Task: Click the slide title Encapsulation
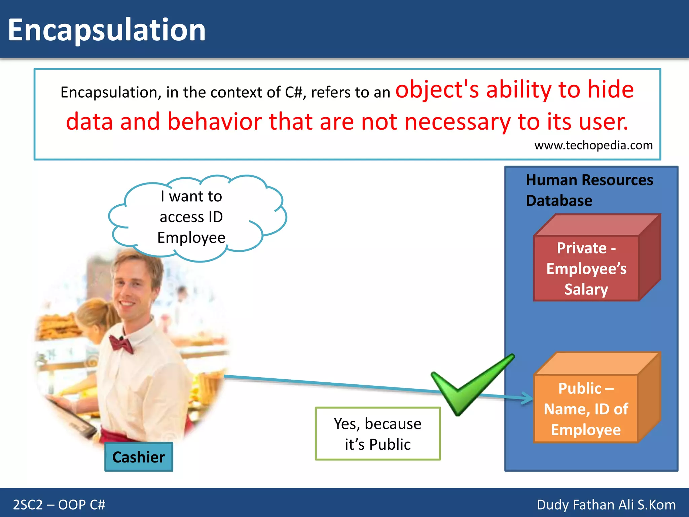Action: pos(107,30)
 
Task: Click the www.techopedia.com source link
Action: pos(593,145)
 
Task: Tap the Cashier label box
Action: pos(139,457)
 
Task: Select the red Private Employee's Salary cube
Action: pos(597,257)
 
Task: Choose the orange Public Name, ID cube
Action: pos(597,398)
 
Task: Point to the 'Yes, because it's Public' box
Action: pos(378,434)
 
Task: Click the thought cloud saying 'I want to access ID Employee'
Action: pos(197,218)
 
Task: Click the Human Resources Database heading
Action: pos(589,190)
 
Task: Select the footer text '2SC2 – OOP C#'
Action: pos(59,505)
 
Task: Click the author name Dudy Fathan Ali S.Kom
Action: pos(606,505)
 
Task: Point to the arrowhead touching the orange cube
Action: pos(528,398)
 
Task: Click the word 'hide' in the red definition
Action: pos(611,90)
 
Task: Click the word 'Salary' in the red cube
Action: pos(586,289)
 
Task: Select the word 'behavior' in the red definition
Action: pos(215,122)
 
